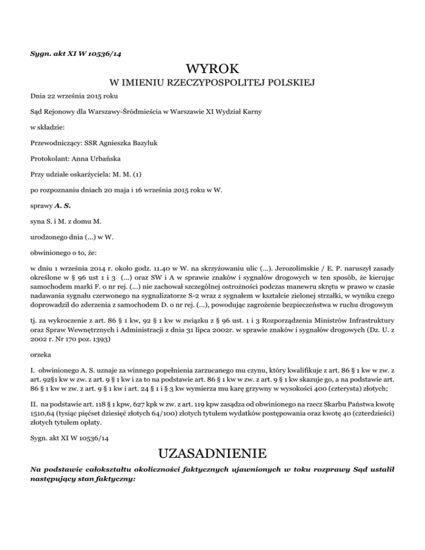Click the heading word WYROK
pyautogui.click(x=212, y=69)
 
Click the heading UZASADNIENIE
pyautogui.click(x=212, y=455)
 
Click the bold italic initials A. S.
pyautogui.click(x=65, y=206)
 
